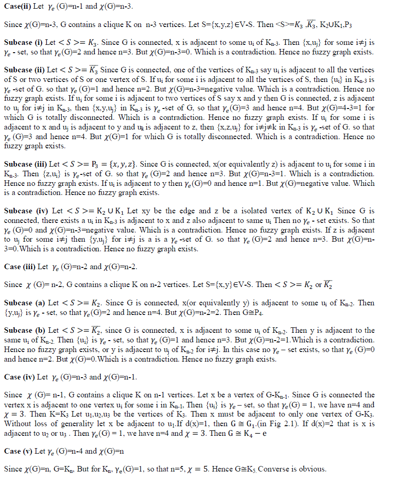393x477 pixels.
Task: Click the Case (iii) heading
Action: (19, 266)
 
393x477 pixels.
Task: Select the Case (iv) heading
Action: (18, 377)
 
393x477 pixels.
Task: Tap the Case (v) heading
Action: (18, 451)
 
